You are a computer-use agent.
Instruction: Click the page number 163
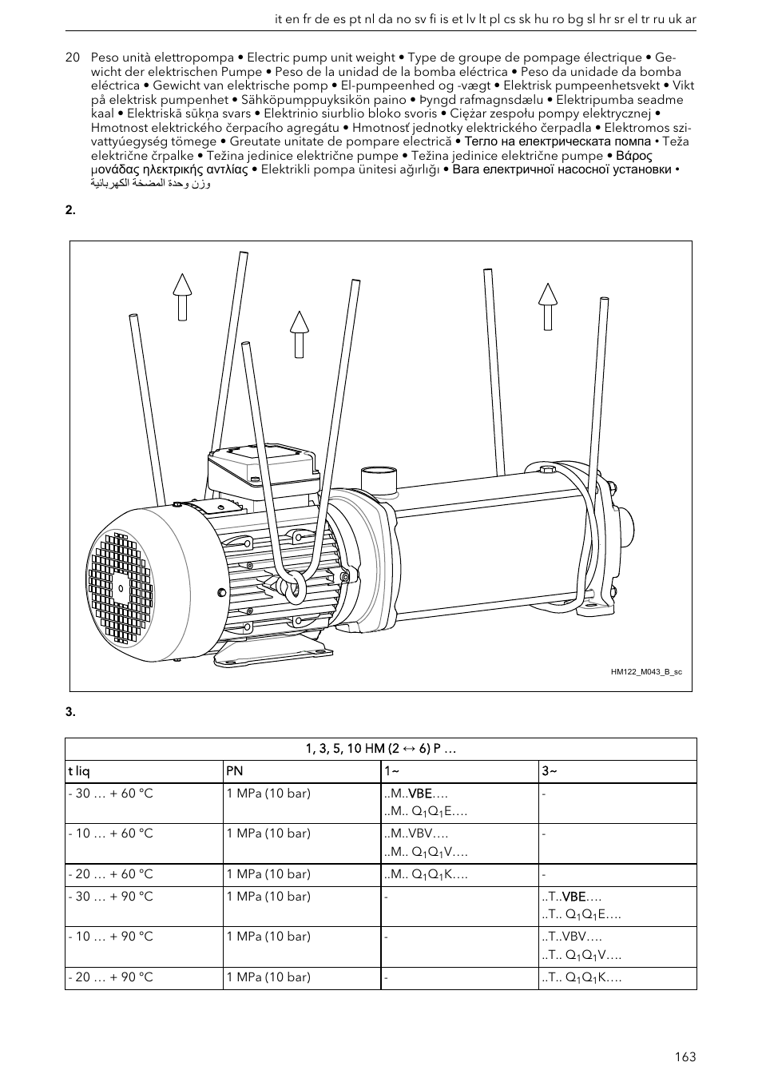(x=685, y=1056)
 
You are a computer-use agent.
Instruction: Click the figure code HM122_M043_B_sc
(x=646, y=672)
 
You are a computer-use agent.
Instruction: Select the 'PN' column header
(x=234, y=771)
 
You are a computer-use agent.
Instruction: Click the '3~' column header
(x=550, y=771)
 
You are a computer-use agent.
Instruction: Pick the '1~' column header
(x=391, y=771)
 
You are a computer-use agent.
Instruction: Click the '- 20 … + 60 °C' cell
(x=110, y=874)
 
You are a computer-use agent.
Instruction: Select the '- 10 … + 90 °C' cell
(x=110, y=937)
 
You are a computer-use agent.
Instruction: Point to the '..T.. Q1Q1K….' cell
(x=582, y=977)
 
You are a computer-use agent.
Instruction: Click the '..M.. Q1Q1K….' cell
(x=426, y=875)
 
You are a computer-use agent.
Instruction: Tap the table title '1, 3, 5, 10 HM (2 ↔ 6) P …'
(x=380, y=749)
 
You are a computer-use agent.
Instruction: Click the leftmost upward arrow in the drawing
(x=183, y=296)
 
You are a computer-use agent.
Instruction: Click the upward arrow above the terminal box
(x=299, y=333)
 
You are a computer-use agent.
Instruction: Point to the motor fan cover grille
(x=120, y=588)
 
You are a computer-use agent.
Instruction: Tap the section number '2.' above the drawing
(x=70, y=210)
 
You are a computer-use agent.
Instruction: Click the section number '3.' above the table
(x=70, y=712)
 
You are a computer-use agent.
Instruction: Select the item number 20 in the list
(x=73, y=58)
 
